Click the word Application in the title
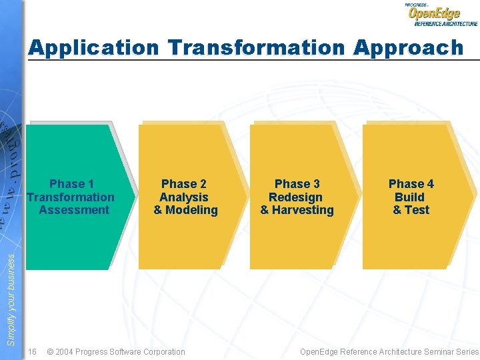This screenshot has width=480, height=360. (x=94, y=48)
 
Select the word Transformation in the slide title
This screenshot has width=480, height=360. (x=257, y=48)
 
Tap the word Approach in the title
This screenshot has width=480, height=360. (x=408, y=48)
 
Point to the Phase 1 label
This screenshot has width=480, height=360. (x=71, y=184)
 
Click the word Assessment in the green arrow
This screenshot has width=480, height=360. (x=74, y=210)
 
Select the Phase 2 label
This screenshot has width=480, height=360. (x=184, y=184)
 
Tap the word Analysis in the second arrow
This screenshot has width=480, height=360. (x=184, y=197)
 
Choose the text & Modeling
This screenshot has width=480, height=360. (x=185, y=210)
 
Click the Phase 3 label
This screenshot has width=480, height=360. (x=297, y=184)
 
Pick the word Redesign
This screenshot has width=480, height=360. (x=295, y=197)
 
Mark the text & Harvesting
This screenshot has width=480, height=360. (x=297, y=210)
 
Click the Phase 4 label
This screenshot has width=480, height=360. (x=411, y=184)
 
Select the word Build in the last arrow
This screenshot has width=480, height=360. (x=409, y=197)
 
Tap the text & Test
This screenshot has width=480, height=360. (x=411, y=210)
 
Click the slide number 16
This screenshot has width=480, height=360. (x=32, y=351)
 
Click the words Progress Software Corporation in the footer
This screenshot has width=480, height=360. (x=133, y=351)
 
